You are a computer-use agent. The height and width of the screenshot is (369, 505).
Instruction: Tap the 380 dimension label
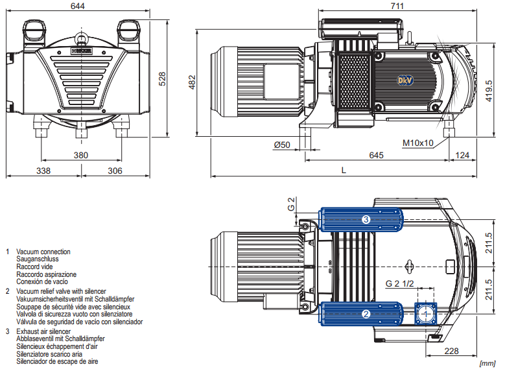[x=80, y=155]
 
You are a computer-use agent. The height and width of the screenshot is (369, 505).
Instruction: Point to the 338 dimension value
[x=43, y=171]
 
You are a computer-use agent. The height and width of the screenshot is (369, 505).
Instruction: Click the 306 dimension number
[x=114, y=171]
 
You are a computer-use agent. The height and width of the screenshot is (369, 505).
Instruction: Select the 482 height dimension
[x=192, y=82]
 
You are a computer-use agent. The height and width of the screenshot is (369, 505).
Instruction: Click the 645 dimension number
[x=376, y=156]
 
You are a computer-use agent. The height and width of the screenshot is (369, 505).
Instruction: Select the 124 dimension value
[x=462, y=156]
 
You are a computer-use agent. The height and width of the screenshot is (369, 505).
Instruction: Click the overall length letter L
[x=343, y=170]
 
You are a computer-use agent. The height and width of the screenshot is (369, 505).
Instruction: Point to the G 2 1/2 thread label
[x=398, y=283]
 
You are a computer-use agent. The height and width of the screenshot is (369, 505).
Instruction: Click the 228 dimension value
[x=452, y=351]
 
